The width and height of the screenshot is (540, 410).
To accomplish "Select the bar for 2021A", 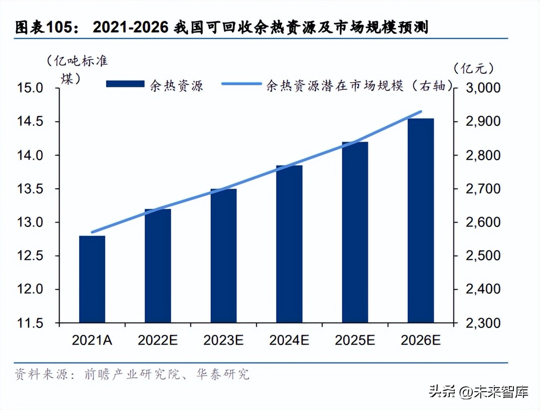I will [x=92, y=279].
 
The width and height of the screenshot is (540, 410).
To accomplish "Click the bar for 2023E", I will [x=223, y=256].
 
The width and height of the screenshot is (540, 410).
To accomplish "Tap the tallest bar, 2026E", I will [x=421, y=220].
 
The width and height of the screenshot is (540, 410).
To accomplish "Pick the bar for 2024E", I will [x=289, y=244].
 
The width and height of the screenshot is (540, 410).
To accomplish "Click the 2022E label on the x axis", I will [x=157, y=340].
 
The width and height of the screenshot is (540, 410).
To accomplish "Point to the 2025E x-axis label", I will [x=355, y=340].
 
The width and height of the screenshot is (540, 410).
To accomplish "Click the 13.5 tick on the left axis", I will [x=30, y=189].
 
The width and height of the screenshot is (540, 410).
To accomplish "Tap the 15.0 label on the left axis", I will [x=30, y=88].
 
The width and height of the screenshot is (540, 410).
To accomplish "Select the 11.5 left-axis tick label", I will [x=30, y=323].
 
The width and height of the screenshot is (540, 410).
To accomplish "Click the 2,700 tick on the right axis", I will [x=483, y=189].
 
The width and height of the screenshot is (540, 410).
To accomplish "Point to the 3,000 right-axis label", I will [x=483, y=88].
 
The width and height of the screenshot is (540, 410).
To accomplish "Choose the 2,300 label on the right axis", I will [x=483, y=323].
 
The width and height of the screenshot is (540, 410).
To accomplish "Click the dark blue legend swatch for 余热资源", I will [x=125, y=84].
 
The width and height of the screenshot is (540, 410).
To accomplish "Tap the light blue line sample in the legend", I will [x=241, y=84].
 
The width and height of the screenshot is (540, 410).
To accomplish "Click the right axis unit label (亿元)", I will [x=474, y=68].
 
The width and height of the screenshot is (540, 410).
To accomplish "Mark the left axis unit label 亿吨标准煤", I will [x=77, y=68].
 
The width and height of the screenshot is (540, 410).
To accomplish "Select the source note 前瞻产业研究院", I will [x=132, y=374].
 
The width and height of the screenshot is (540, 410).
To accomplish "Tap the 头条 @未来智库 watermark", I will [x=478, y=392].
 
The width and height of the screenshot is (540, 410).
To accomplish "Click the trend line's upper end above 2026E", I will [x=421, y=112].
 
